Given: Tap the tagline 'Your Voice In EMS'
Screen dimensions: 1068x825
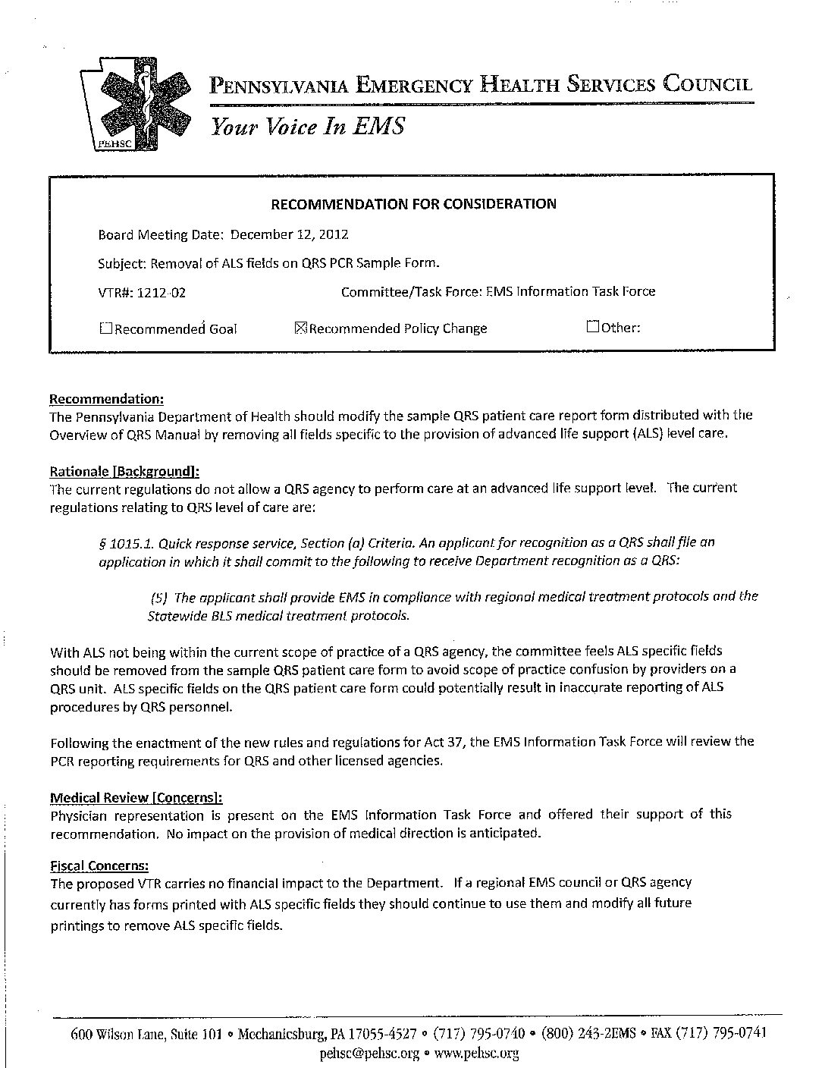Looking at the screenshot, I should [308, 126].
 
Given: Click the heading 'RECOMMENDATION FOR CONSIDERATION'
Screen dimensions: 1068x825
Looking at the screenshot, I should [413, 203].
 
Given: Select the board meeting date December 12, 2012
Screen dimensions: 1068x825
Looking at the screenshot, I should [289, 234].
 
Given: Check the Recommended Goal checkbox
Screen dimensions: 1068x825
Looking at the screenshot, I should [105, 328].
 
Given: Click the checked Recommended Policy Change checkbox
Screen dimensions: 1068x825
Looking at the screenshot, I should [299, 328].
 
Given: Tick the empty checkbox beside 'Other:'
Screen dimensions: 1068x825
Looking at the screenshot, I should [593, 327].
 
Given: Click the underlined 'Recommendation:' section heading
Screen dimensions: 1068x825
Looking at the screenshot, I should [106, 399].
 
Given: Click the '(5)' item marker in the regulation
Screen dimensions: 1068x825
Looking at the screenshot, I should [158, 597].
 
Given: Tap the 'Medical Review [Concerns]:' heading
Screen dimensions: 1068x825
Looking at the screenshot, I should [136, 797].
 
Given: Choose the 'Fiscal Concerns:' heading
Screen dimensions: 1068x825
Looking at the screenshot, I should [99, 865].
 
